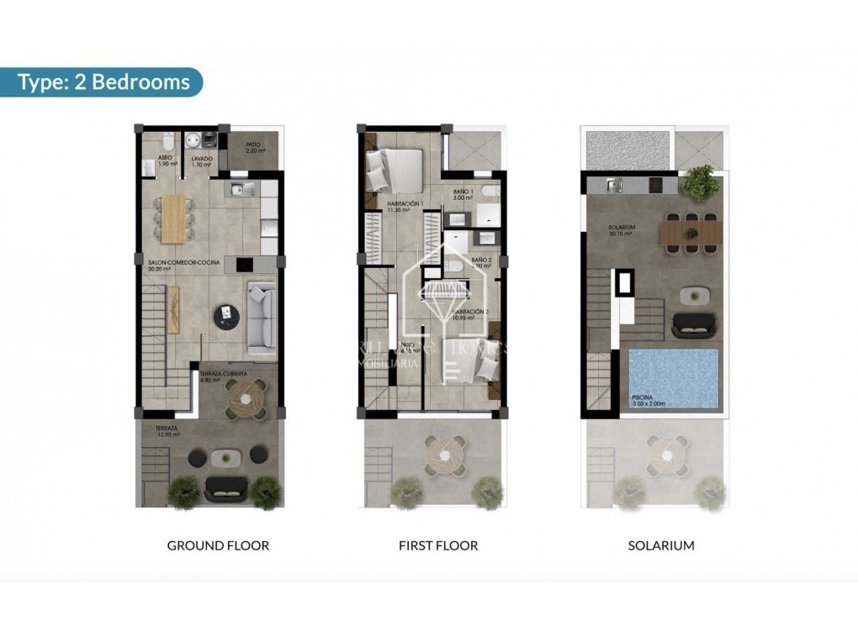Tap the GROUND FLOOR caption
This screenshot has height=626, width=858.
(x=218, y=545)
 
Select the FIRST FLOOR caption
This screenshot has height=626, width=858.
(x=438, y=545)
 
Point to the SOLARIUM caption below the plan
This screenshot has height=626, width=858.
(x=661, y=545)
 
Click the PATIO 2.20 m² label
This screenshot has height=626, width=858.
(x=253, y=147)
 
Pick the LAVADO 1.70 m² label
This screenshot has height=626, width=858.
(x=201, y=160)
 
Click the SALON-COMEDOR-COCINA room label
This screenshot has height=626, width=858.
(x=183, y=266)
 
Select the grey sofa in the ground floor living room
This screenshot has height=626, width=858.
(x=262, y=315)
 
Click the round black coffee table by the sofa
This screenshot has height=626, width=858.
(x=228, y=315)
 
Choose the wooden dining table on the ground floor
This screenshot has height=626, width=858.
(x=173, y=217)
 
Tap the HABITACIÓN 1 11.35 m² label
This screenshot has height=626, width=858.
(x=404, y=207)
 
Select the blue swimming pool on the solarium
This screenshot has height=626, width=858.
(x=673, y=378)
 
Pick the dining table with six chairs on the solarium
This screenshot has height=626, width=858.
(x=690, y=231)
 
